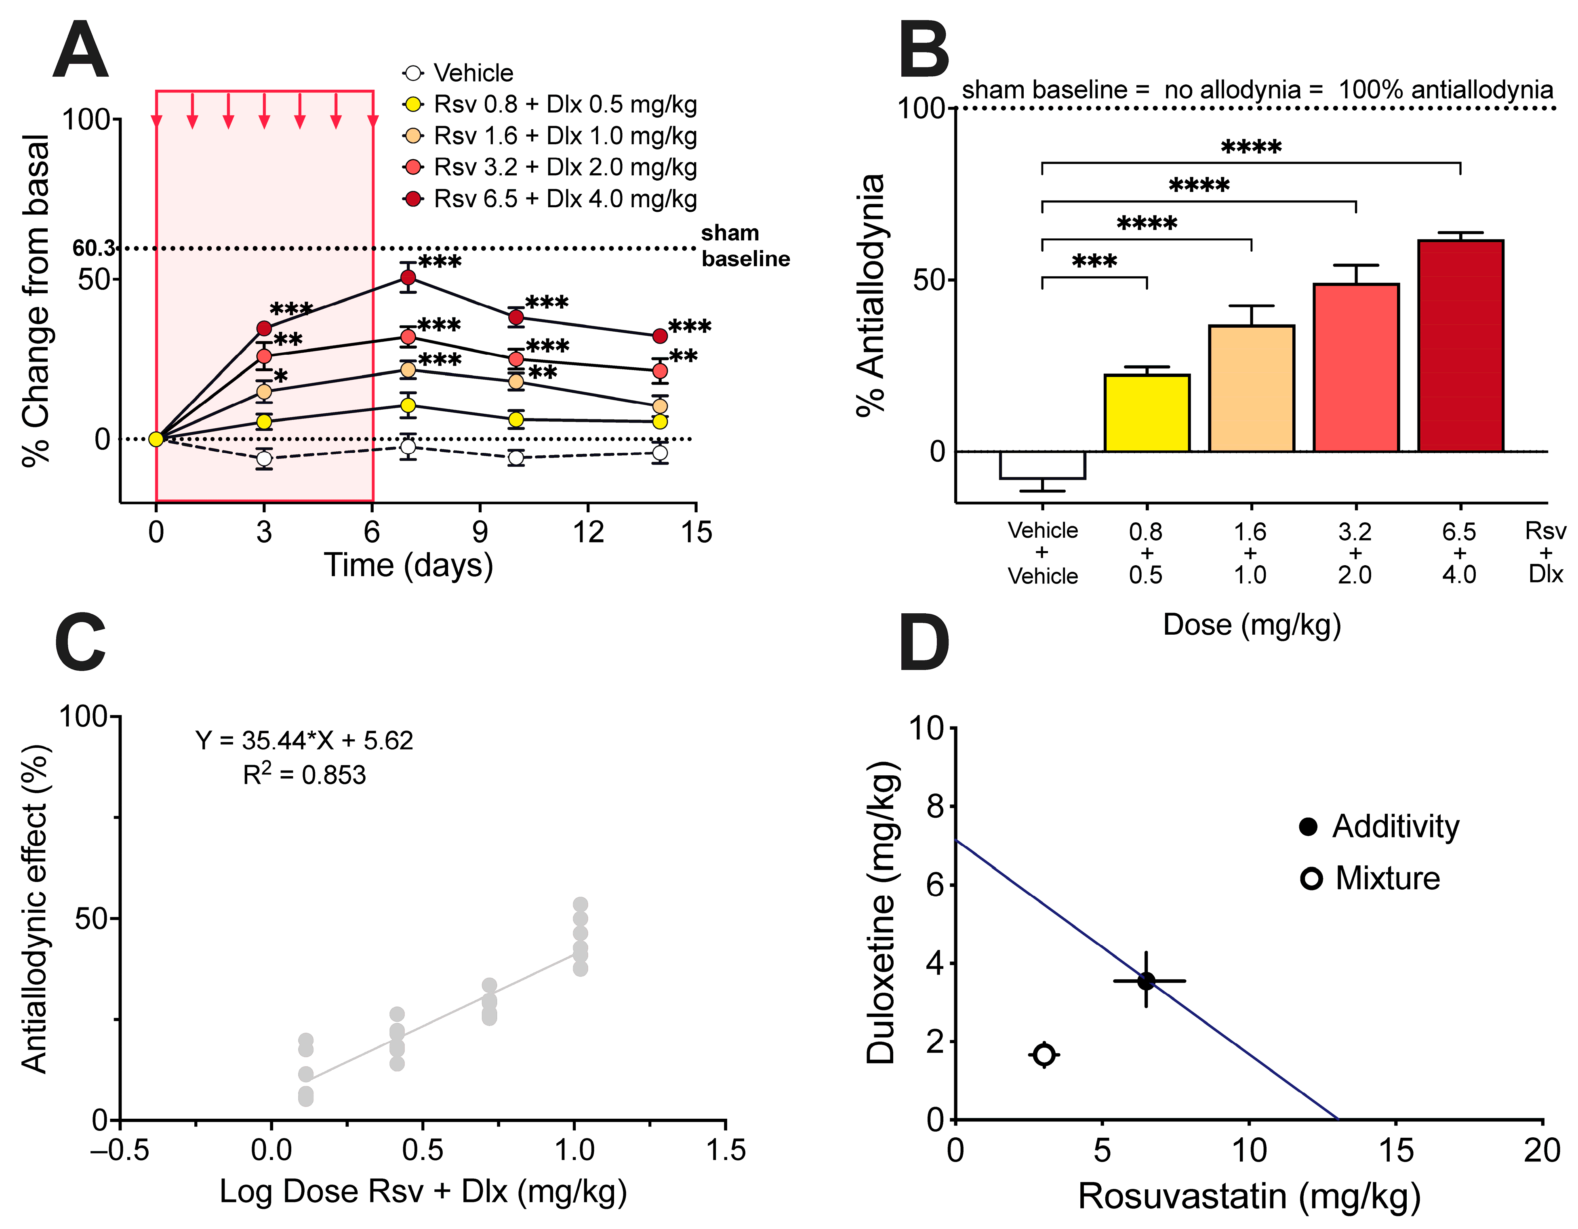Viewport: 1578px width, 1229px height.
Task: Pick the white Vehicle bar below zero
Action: pyautogui.click(x=1042, y=465)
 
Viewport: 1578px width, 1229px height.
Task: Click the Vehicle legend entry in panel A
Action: pyautogui.click(x=473, y=73)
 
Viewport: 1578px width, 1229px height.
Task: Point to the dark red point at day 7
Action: pyautogui.click(x=408, y=278)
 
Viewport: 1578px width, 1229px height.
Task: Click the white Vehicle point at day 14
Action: pyautogui.click(x=660, y=453)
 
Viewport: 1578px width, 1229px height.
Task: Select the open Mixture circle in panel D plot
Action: pyautogui.click(x=1044, y=1055)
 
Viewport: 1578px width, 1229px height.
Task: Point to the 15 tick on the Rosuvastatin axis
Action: pyautogui.click(x=1395, y=1150)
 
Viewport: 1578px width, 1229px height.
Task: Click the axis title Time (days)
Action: pyautogui.click(x=408, y=565)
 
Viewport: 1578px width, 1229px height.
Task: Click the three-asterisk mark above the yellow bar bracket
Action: pyautogui.click(x=1094, y=261)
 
